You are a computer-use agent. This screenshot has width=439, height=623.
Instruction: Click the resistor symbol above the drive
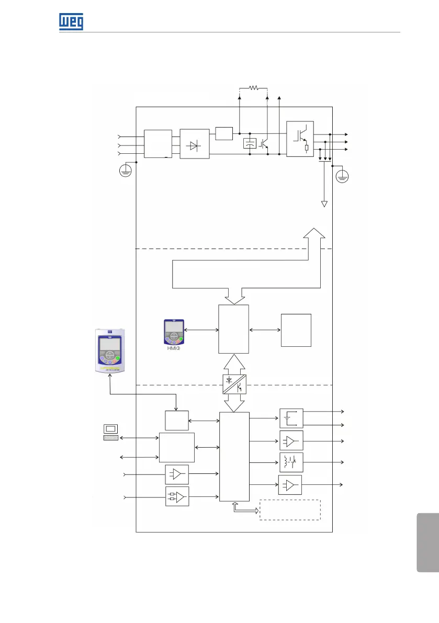(253, 88)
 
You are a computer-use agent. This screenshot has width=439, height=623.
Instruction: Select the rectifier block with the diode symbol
(194, 144)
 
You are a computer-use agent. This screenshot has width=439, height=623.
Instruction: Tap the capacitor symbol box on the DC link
(250, 144)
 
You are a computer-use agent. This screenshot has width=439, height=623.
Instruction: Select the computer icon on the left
(110, 432)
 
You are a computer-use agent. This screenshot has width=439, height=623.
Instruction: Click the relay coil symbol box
(291, 462)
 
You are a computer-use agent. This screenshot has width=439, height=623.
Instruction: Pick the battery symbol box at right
(291, 418)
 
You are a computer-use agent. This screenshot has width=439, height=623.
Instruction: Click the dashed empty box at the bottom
(290, 509)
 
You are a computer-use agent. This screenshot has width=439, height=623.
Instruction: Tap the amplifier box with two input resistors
(177, 496)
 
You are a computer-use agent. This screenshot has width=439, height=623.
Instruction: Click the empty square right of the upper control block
(296, 330)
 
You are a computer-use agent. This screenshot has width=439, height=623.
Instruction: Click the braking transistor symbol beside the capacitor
(264, 143)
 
